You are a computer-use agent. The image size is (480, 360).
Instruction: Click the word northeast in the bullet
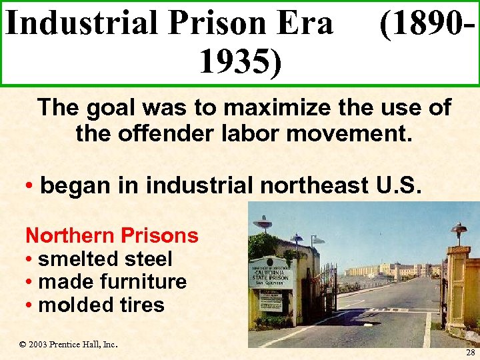[318, 185]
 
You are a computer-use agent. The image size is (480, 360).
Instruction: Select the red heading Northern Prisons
[111, 235]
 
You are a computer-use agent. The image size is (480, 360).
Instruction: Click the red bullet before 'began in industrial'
[29, 185]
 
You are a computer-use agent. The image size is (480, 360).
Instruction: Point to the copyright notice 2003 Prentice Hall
[69, 345]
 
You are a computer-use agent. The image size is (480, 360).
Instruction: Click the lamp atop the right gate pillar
[458, 231]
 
